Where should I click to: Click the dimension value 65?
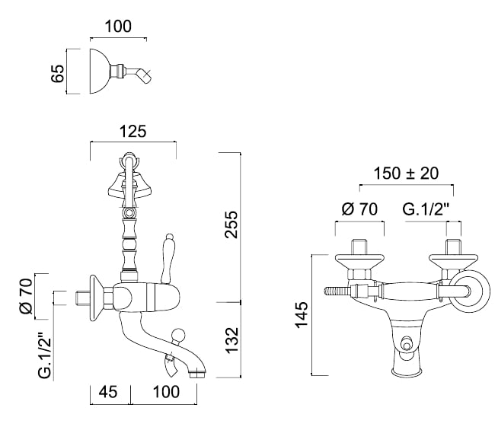[x=58, y=74]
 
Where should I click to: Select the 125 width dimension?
[x=133, y=132]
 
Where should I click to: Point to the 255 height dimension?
[x=231, y=225]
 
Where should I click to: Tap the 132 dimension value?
[x=231, y=340]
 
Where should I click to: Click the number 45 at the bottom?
[x=108, y=392]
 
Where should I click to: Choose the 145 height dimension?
[x=302, y=315]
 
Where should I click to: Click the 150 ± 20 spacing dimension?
[x=406, y=174]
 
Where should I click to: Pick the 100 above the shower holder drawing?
[x=118, y=27]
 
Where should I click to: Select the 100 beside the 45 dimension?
[x=166, y=392]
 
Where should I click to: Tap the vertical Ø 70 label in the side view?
[x=27, y=296]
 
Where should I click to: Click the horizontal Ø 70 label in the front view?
[x=359, y=209]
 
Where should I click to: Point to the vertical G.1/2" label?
[x=45, y=355]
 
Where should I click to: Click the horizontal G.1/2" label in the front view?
[x=426, y=209]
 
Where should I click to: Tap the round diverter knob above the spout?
[x=177, y=336]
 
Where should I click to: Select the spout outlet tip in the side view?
[x=197, y=374]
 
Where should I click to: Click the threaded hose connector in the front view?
[x=337, y=291]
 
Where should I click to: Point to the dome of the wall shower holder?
[x=101, y=72]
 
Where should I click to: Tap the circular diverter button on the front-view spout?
[x=406, y=344]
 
